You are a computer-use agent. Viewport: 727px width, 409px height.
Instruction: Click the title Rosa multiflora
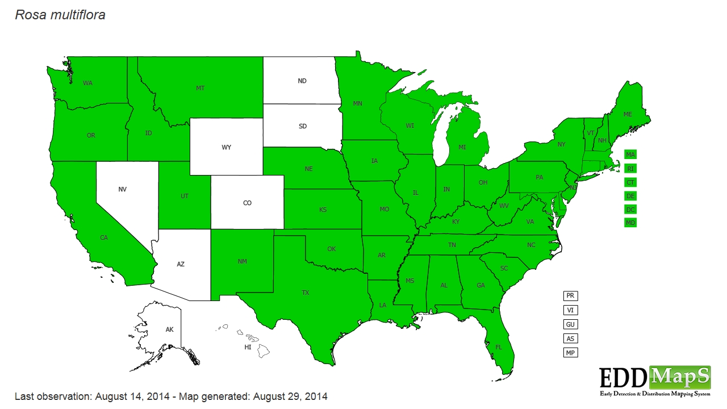tap(60, 15)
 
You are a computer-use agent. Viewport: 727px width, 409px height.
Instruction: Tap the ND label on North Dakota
tap(302, 81)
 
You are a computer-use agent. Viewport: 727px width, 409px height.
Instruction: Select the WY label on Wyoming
tap(226, 148)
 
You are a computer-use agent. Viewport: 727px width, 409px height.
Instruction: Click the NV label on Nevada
tap(122, 190)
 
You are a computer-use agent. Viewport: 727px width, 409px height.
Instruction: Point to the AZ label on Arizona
tap(181, 264)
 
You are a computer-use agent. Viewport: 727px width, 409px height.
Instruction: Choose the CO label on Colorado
tap(247, 203)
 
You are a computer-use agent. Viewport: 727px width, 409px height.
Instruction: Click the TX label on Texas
tap(306, 293)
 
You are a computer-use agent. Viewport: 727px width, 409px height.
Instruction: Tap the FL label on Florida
tap(499, 347)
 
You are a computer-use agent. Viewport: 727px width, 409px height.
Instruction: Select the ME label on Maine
tap(628, 114)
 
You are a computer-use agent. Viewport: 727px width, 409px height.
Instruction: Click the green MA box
tap(630, 155)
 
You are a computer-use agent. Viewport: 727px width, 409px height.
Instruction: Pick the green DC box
tap(630, 209)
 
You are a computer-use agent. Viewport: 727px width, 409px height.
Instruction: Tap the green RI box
tap(630, 168)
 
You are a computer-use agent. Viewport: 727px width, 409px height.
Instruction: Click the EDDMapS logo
tap(655, 381)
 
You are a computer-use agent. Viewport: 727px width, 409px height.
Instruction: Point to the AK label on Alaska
tap(169, 329)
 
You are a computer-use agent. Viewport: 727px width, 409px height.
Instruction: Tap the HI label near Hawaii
tap(248, 347)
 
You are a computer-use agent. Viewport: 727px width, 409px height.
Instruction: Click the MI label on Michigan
tap(462, 147)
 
